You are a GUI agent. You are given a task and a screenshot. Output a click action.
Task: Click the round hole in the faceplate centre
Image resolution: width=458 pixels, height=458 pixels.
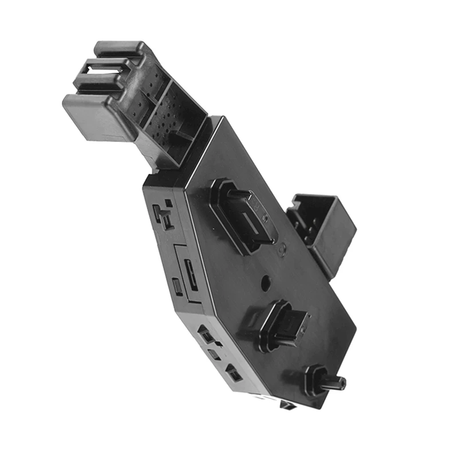[x=266, y=282]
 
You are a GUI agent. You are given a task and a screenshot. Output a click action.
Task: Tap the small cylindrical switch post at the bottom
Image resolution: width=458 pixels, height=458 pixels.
[x=333, y=382]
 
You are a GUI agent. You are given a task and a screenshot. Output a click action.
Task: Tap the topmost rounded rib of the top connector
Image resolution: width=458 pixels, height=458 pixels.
[x=117, y=48]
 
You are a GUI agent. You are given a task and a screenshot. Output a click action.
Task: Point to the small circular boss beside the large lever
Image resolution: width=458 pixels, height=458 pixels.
[x=282, y=250]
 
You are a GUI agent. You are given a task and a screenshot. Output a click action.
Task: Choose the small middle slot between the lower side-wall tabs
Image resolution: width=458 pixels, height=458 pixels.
[x=215, y=353]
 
